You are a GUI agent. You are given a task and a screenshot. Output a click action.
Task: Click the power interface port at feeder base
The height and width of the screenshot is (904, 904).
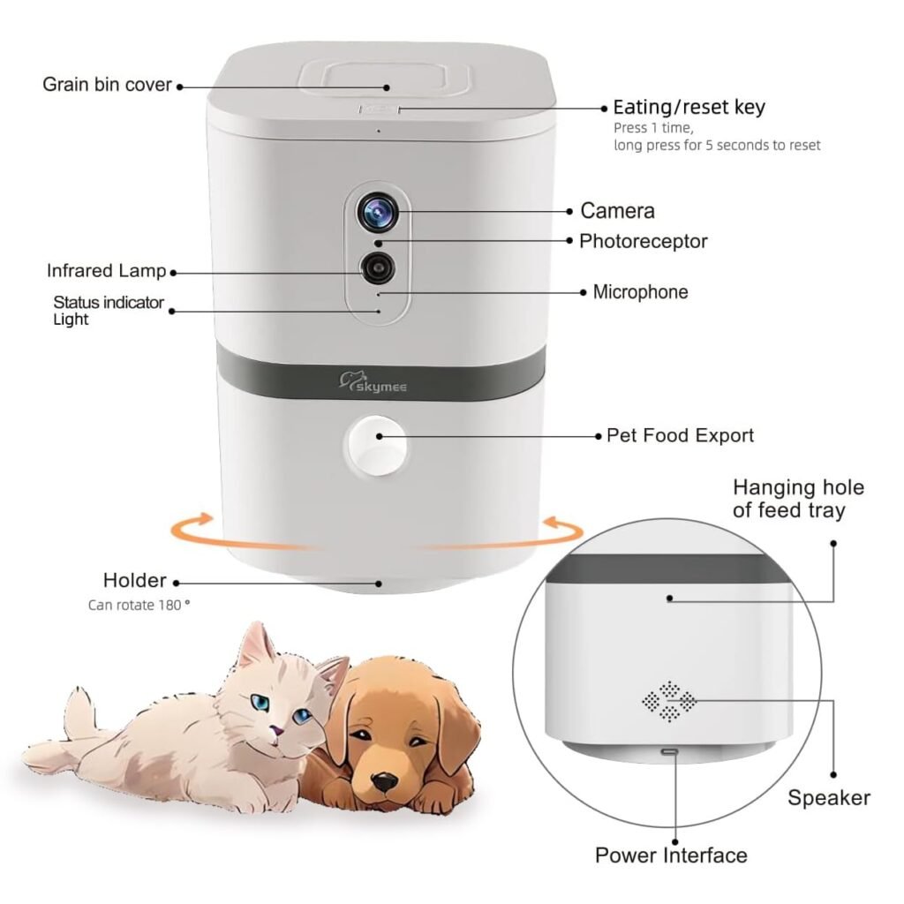point(671,752)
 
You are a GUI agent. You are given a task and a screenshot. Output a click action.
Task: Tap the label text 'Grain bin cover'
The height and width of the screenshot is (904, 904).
point(107,85)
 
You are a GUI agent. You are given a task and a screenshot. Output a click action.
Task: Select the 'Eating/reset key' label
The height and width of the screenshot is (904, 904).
point(689,108)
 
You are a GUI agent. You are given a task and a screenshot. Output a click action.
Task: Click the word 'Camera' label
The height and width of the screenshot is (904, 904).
point(617,210)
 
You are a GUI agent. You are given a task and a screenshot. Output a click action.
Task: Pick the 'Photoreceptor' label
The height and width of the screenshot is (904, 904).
point(643,241)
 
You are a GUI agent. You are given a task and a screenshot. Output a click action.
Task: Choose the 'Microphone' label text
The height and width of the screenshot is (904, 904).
point(640,291)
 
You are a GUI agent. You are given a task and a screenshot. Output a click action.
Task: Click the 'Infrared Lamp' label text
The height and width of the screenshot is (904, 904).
point(106,271)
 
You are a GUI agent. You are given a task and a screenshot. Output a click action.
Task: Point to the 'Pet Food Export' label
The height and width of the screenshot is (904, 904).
point(680,435)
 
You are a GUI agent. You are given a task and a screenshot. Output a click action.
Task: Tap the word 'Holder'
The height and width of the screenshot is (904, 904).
point(134,580)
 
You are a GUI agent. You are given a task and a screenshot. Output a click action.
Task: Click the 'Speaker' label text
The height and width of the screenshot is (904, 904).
point(828,798)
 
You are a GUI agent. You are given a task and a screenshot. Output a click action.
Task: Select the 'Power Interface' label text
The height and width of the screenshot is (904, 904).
point(671,855)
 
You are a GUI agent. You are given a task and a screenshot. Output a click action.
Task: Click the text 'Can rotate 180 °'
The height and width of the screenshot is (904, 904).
point(139,606)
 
